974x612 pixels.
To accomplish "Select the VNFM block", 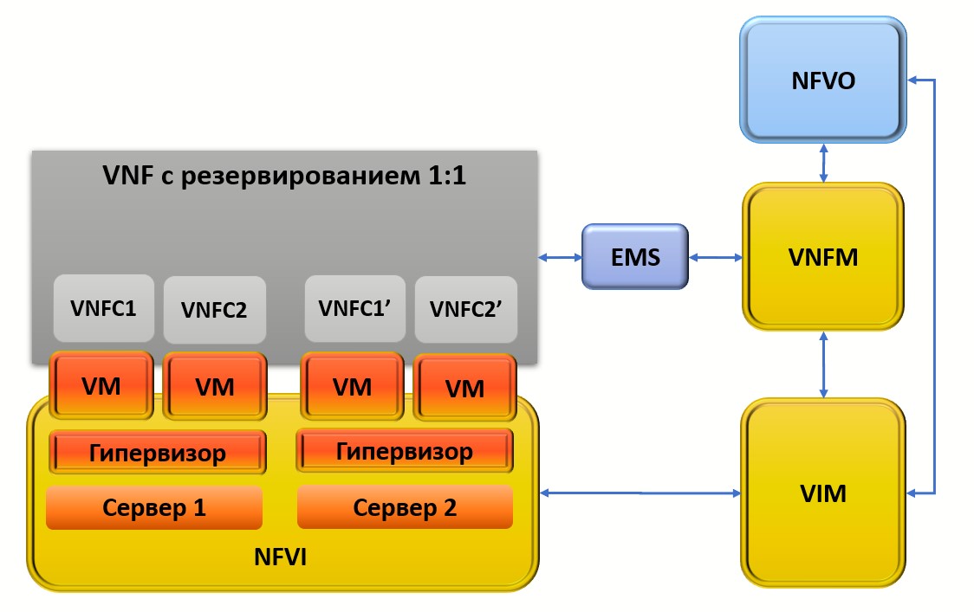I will (822, 257).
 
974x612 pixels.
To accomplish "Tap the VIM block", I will (822, 494).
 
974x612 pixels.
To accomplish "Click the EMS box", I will (634, 256).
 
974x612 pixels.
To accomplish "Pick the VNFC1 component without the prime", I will (103, 307).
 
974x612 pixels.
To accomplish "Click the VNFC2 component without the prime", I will (214, 309).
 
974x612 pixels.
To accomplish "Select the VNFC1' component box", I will (354, 308).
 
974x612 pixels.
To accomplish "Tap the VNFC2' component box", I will (465, 309).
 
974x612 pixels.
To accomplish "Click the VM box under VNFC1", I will (101, 385).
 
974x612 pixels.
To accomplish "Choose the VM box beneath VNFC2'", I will (464, 388).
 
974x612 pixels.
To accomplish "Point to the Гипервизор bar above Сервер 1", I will (157, 452).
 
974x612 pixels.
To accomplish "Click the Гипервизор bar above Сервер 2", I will (404, 451).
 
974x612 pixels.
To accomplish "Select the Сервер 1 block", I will (154, 507).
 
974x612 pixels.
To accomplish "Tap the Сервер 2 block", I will (404, 507).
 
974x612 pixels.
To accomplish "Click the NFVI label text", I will (280, 558).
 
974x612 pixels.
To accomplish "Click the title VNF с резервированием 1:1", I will (284, 177).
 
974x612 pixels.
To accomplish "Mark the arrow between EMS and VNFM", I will (715, 256).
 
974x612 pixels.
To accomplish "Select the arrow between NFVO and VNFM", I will (822, 164).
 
